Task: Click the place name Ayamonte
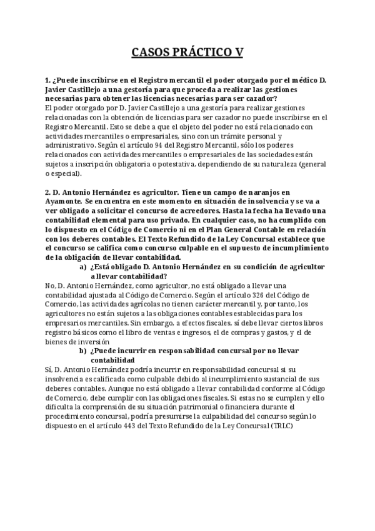pyautogui.click(x=62, y=203)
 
